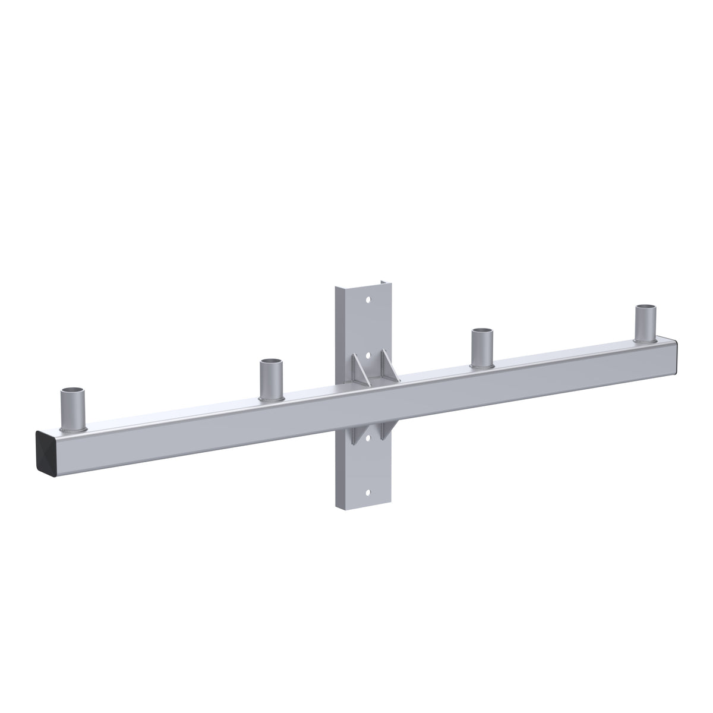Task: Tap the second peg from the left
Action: [272, 380]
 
